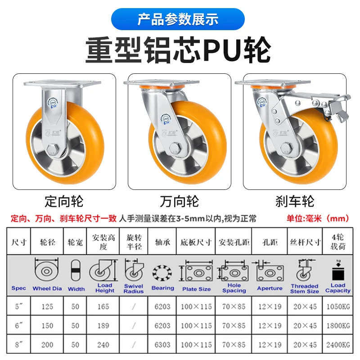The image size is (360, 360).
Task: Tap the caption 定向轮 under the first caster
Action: click(64, 200)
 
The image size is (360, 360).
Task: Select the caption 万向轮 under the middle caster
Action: click(180, 200)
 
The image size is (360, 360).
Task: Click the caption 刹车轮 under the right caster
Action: click(295, 200)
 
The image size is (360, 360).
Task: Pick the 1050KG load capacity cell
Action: click(337, 307)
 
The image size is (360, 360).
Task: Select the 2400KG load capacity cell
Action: click(337, 345)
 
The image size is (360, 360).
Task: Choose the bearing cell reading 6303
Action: click(162, 345)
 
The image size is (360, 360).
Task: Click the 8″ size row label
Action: click(18, 345)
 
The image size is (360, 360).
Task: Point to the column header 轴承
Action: click(162, 242)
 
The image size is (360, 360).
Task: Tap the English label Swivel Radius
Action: click(134, 288)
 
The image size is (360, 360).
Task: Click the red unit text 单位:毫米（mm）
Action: click(318, 219)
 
